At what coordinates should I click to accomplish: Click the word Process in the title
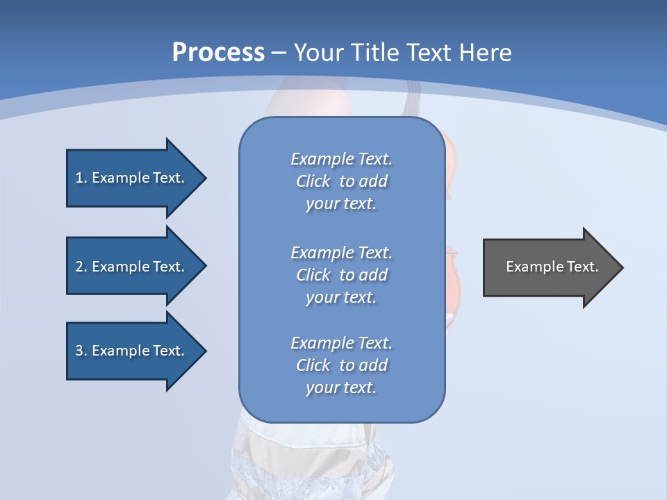[218, 53]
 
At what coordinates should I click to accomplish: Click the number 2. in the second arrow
[81, 267]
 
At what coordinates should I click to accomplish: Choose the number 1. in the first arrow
[81, 178]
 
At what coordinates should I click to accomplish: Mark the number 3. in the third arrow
[81, 351]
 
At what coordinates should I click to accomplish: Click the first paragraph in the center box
[341, 181]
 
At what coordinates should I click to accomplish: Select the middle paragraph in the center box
[341, 275]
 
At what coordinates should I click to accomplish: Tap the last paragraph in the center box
[341, 365]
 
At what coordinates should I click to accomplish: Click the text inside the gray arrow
[552, 267]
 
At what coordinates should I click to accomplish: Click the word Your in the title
[318, 53]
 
